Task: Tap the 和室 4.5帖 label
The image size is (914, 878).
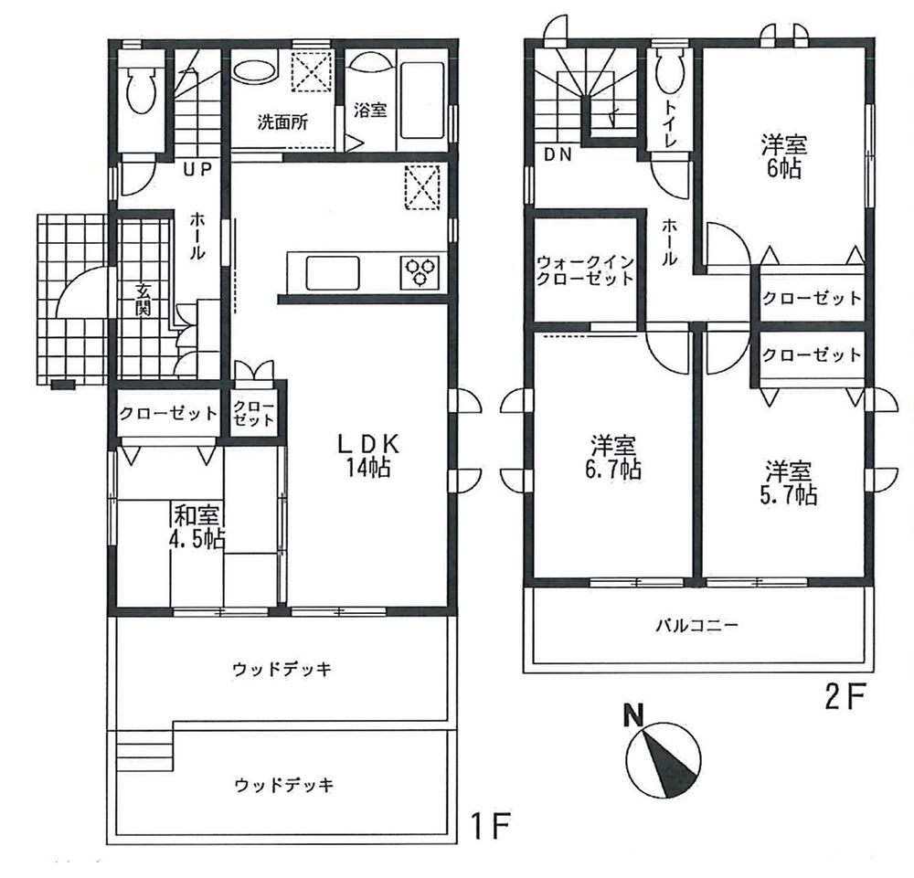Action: tap(197, 526)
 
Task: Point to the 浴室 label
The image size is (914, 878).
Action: tap(370, 110)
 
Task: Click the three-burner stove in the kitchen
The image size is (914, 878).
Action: tap(421, 271)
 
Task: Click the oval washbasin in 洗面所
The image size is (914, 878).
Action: tap(256, 72)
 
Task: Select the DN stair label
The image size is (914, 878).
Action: tap(558, 155)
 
